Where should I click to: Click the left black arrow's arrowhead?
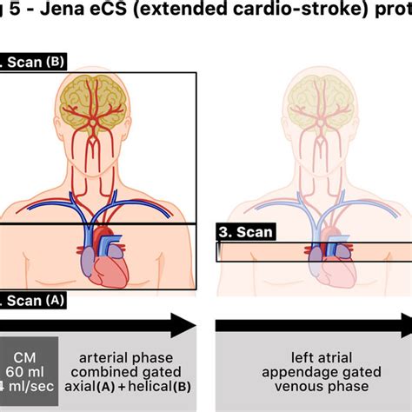(x=183, y=325)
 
